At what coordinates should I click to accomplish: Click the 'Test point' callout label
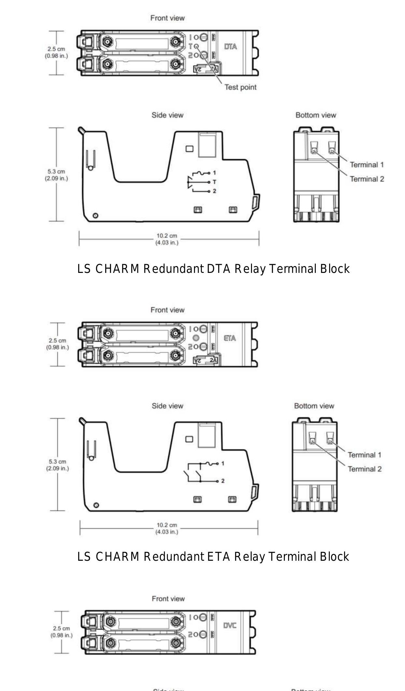(x=240, y=87)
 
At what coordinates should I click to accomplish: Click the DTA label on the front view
(x=230, y=47)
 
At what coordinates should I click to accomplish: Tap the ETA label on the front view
(x=230, y=338)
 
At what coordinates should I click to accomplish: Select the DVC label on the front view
(x=230, y=626)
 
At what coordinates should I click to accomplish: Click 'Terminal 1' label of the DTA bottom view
(x=367, y=165)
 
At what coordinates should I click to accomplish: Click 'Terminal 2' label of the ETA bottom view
(x=364, y=469)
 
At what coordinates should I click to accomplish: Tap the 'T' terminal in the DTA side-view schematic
(x=214, y=182)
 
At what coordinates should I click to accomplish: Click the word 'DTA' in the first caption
(x=218, y=269)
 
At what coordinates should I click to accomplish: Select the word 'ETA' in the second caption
(x=218, y=557)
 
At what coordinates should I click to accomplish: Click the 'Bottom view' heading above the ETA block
(x=314, y=406)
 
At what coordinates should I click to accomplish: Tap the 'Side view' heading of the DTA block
(x=167, y=115)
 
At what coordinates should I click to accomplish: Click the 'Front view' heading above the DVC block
(x=168, y=599)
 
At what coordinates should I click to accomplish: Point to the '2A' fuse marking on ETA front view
(x=213, y=360)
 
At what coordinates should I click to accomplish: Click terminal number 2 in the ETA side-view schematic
(x=223, y=481)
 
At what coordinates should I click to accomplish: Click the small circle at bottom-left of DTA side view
(x=95, y=216)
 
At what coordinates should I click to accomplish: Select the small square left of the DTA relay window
(x=189, y=149)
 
